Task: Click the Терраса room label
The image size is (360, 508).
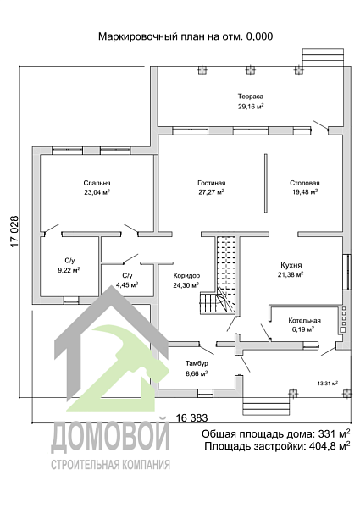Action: pos(251,97)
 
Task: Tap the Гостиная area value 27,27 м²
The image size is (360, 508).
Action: pos(211,192)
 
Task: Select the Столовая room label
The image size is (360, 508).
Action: pos(305,183)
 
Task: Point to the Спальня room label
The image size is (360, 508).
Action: pos(97,183)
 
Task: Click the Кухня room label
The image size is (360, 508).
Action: pos(291,265)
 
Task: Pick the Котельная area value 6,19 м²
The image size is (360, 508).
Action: pos(303,329)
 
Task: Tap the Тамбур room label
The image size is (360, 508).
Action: pos(197,363)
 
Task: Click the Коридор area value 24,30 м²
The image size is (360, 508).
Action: pos(186,285)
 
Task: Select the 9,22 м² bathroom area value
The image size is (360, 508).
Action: pos(69,270)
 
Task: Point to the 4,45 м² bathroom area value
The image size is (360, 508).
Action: pos(127,285)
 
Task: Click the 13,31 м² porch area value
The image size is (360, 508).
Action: pos(328,384)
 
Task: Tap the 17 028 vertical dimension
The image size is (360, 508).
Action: pos(15,232)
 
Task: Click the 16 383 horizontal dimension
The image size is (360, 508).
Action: pos(191,418)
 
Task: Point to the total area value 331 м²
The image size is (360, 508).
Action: pos(334,433)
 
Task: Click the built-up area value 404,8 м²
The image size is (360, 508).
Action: pos(330,446)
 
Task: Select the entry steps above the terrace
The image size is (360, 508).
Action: pos(323,58)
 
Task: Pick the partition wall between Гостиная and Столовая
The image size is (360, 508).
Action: pos(266,183)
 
